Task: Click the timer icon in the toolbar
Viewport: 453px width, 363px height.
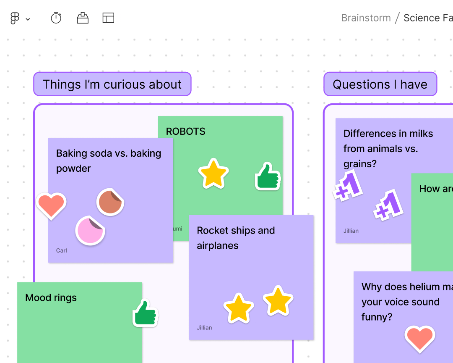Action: point(56,18)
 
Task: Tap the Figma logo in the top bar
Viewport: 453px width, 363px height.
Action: point(15,18)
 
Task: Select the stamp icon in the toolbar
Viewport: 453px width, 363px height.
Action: point(83,18)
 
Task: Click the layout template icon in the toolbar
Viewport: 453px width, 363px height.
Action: point(108,18)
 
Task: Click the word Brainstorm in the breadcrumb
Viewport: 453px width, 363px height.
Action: point(366,18)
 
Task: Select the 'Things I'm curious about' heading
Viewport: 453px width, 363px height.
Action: point(112,84)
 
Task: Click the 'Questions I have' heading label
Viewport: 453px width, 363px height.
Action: point(380,84)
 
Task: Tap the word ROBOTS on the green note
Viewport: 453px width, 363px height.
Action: point(185,132)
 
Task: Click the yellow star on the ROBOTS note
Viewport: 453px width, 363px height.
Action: point(213,173)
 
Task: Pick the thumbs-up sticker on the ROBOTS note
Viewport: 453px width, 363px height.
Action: point(268,176)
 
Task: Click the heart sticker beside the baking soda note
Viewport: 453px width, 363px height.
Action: point(51,205)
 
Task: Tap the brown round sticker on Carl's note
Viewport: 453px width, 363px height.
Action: point(110,202)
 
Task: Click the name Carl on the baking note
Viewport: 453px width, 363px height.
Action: point(62,250)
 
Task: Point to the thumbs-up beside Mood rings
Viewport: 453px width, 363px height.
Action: point(145,313)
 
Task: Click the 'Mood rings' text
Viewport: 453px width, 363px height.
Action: point(51,297)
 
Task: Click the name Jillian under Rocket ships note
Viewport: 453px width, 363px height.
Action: point(204,328)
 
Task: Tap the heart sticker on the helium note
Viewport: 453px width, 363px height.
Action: point(420,339)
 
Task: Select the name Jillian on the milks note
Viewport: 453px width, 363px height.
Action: point(351,231)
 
